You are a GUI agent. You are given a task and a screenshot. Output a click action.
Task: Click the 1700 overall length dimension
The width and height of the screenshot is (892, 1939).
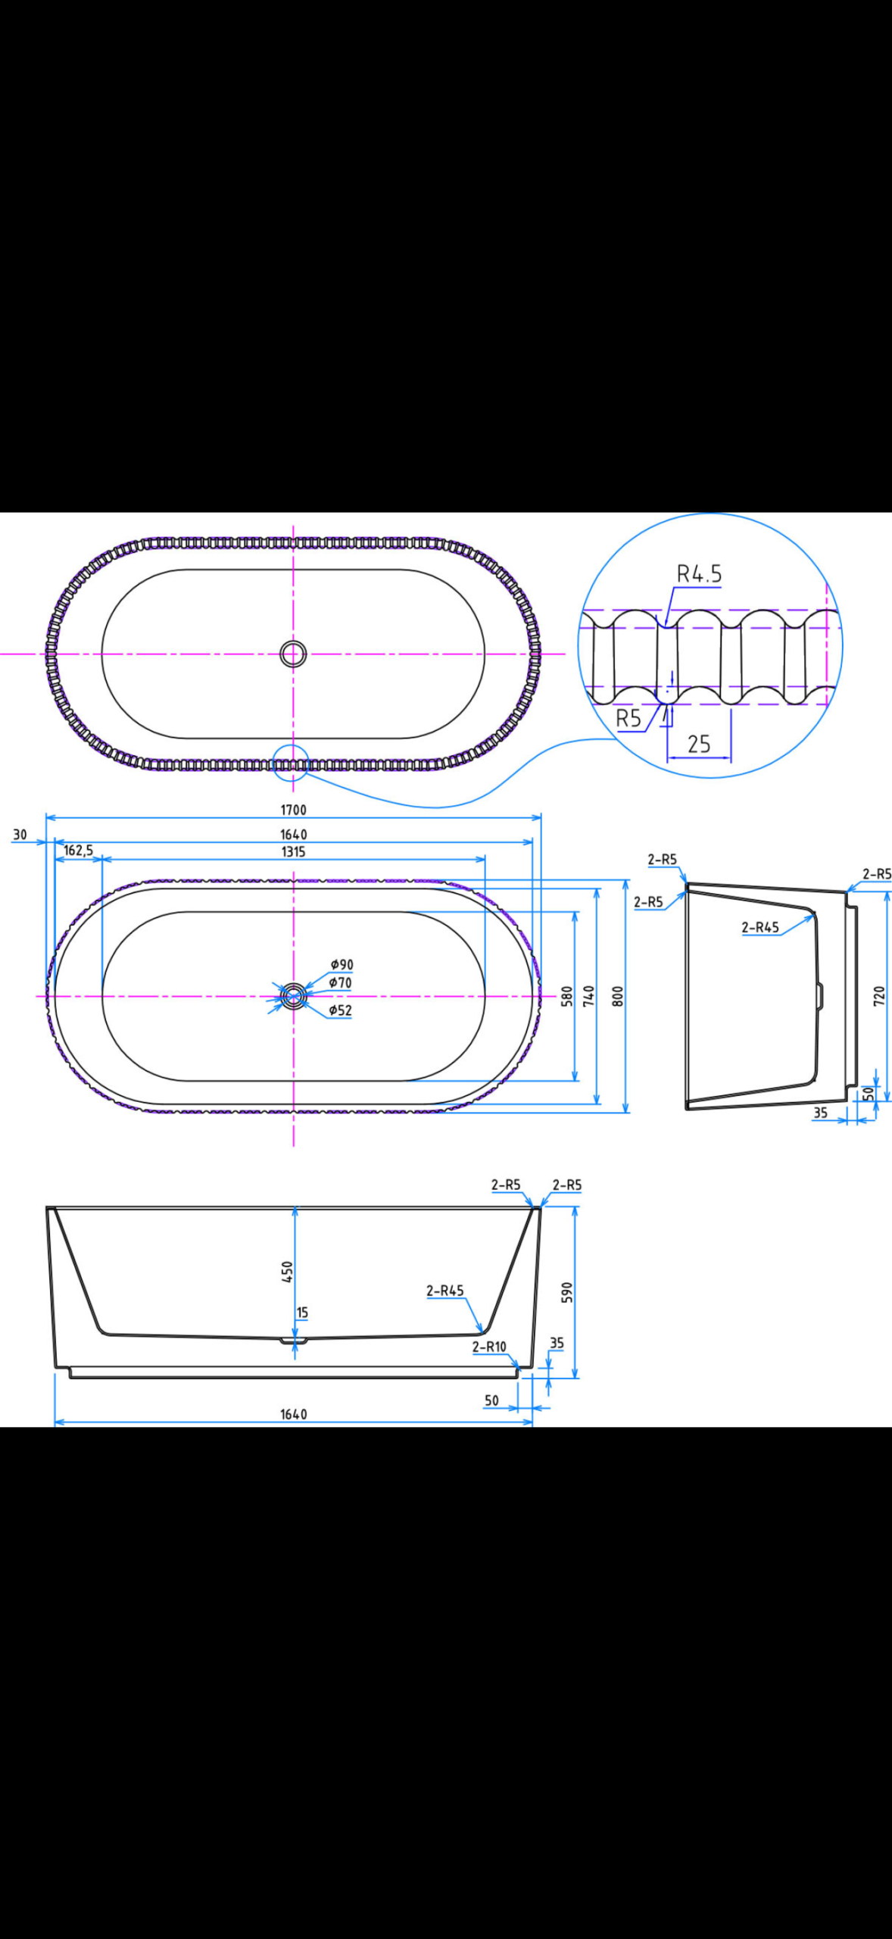point(293,810)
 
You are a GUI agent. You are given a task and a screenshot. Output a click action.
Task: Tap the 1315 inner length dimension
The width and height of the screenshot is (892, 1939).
point(293,851)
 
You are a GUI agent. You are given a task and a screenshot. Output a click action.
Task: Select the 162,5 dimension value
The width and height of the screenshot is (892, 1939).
point(78,851)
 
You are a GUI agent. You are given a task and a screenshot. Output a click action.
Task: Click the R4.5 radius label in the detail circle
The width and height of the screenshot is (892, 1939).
point(699,574)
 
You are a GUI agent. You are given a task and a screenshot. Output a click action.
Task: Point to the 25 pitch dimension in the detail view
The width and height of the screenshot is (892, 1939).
point(698,744)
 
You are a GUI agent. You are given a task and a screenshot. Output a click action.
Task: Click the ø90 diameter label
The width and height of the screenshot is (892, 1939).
point(342,964)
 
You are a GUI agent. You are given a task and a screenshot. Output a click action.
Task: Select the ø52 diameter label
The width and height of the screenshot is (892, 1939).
point(340,1010)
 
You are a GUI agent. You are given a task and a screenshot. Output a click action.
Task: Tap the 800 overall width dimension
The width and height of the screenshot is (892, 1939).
point(618,996)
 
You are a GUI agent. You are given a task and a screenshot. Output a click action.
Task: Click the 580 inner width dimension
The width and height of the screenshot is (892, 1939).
point(566,996)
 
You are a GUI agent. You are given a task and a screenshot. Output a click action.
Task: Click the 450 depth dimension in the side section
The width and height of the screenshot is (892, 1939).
point(287,1271)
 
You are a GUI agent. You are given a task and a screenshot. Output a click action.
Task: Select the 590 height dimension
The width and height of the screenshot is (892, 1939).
point(566,1292)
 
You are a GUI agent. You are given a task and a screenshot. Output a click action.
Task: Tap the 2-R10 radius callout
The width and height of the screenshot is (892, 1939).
point(489,1347)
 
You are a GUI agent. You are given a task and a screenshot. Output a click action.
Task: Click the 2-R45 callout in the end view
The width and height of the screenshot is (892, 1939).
point(759,927)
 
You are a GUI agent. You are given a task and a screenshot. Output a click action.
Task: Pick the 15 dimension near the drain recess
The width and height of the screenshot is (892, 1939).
point(302,1313)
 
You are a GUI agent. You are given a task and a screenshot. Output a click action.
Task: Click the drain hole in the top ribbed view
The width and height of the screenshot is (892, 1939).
point(293,653)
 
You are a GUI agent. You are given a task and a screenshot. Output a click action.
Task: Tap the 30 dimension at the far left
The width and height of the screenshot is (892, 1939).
point(20,835)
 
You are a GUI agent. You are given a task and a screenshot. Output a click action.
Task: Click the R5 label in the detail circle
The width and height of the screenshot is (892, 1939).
point(628,718)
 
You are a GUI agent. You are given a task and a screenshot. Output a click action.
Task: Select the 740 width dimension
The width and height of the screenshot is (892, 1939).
point(589,996)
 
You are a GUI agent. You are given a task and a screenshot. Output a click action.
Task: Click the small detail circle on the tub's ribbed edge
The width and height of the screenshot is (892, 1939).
point(291,761)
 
